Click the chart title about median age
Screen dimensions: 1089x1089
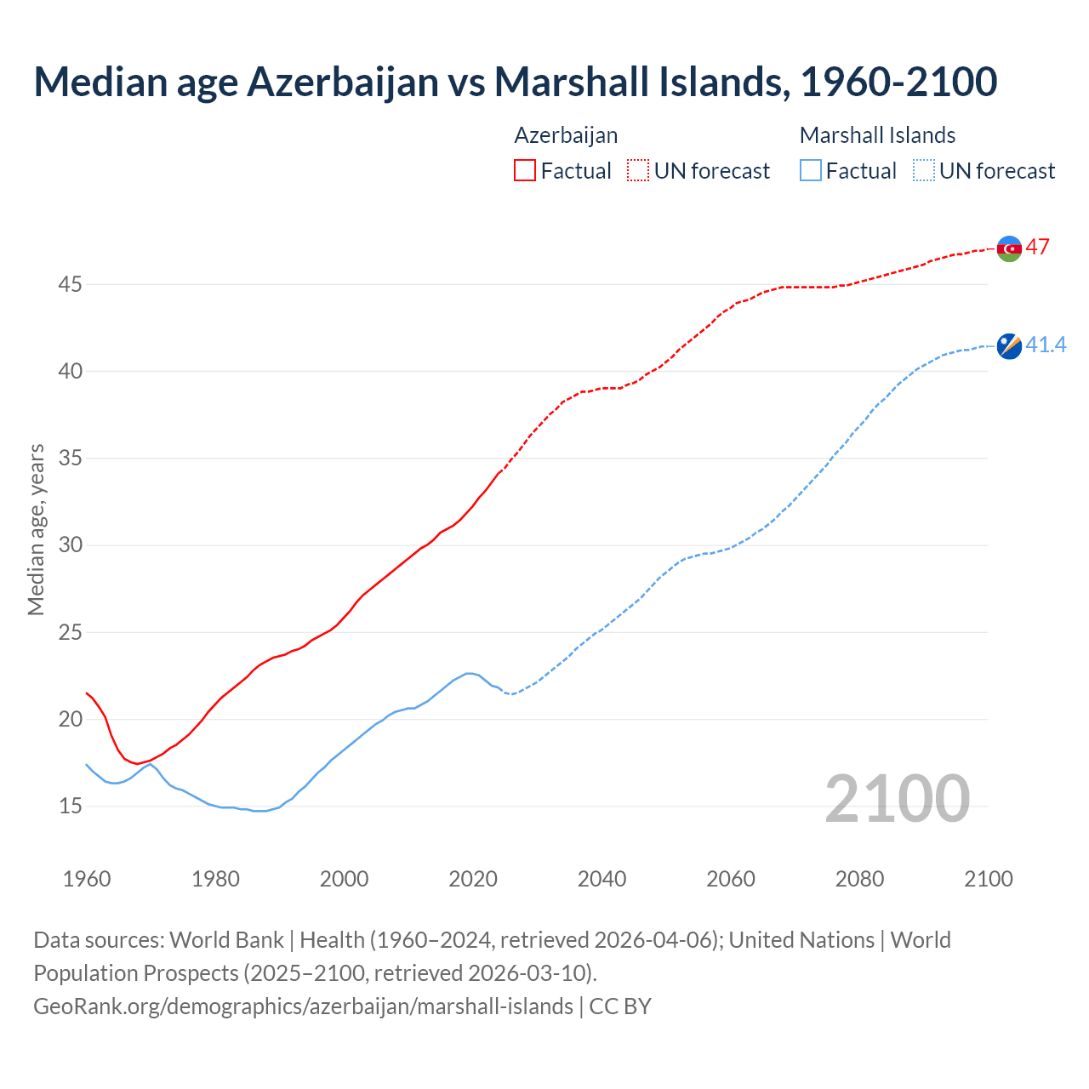pos(515,82)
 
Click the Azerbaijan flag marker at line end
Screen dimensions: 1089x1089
pos(1009,248)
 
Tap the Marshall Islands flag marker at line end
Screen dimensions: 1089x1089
pos(1009,346)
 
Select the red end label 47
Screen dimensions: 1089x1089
pos(1037,248)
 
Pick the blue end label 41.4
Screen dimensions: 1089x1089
pos(1046,345)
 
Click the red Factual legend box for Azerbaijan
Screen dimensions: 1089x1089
pos(525,171)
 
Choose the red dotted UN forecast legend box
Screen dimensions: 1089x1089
pos(638,171)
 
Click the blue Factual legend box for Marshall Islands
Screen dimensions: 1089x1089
pos(811,171)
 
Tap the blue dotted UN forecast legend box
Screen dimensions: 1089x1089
pos(924,171)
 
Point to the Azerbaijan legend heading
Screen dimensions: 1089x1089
pos(566,135)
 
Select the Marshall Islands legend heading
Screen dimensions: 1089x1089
pos(877,135)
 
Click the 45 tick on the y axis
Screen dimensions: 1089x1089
pos(70,284)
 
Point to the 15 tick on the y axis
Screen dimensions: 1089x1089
pos(70,806)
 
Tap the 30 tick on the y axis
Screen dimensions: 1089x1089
pos(70,544)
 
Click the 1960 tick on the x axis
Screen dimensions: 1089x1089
pos(87,879)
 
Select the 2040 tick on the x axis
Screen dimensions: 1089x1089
pos(602,879)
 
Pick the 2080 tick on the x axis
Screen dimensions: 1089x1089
pos(859,879)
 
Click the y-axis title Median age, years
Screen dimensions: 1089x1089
pos(36,529)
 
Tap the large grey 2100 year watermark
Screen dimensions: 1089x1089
pos(897,798)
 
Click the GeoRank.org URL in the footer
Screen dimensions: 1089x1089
pos(303,1006)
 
